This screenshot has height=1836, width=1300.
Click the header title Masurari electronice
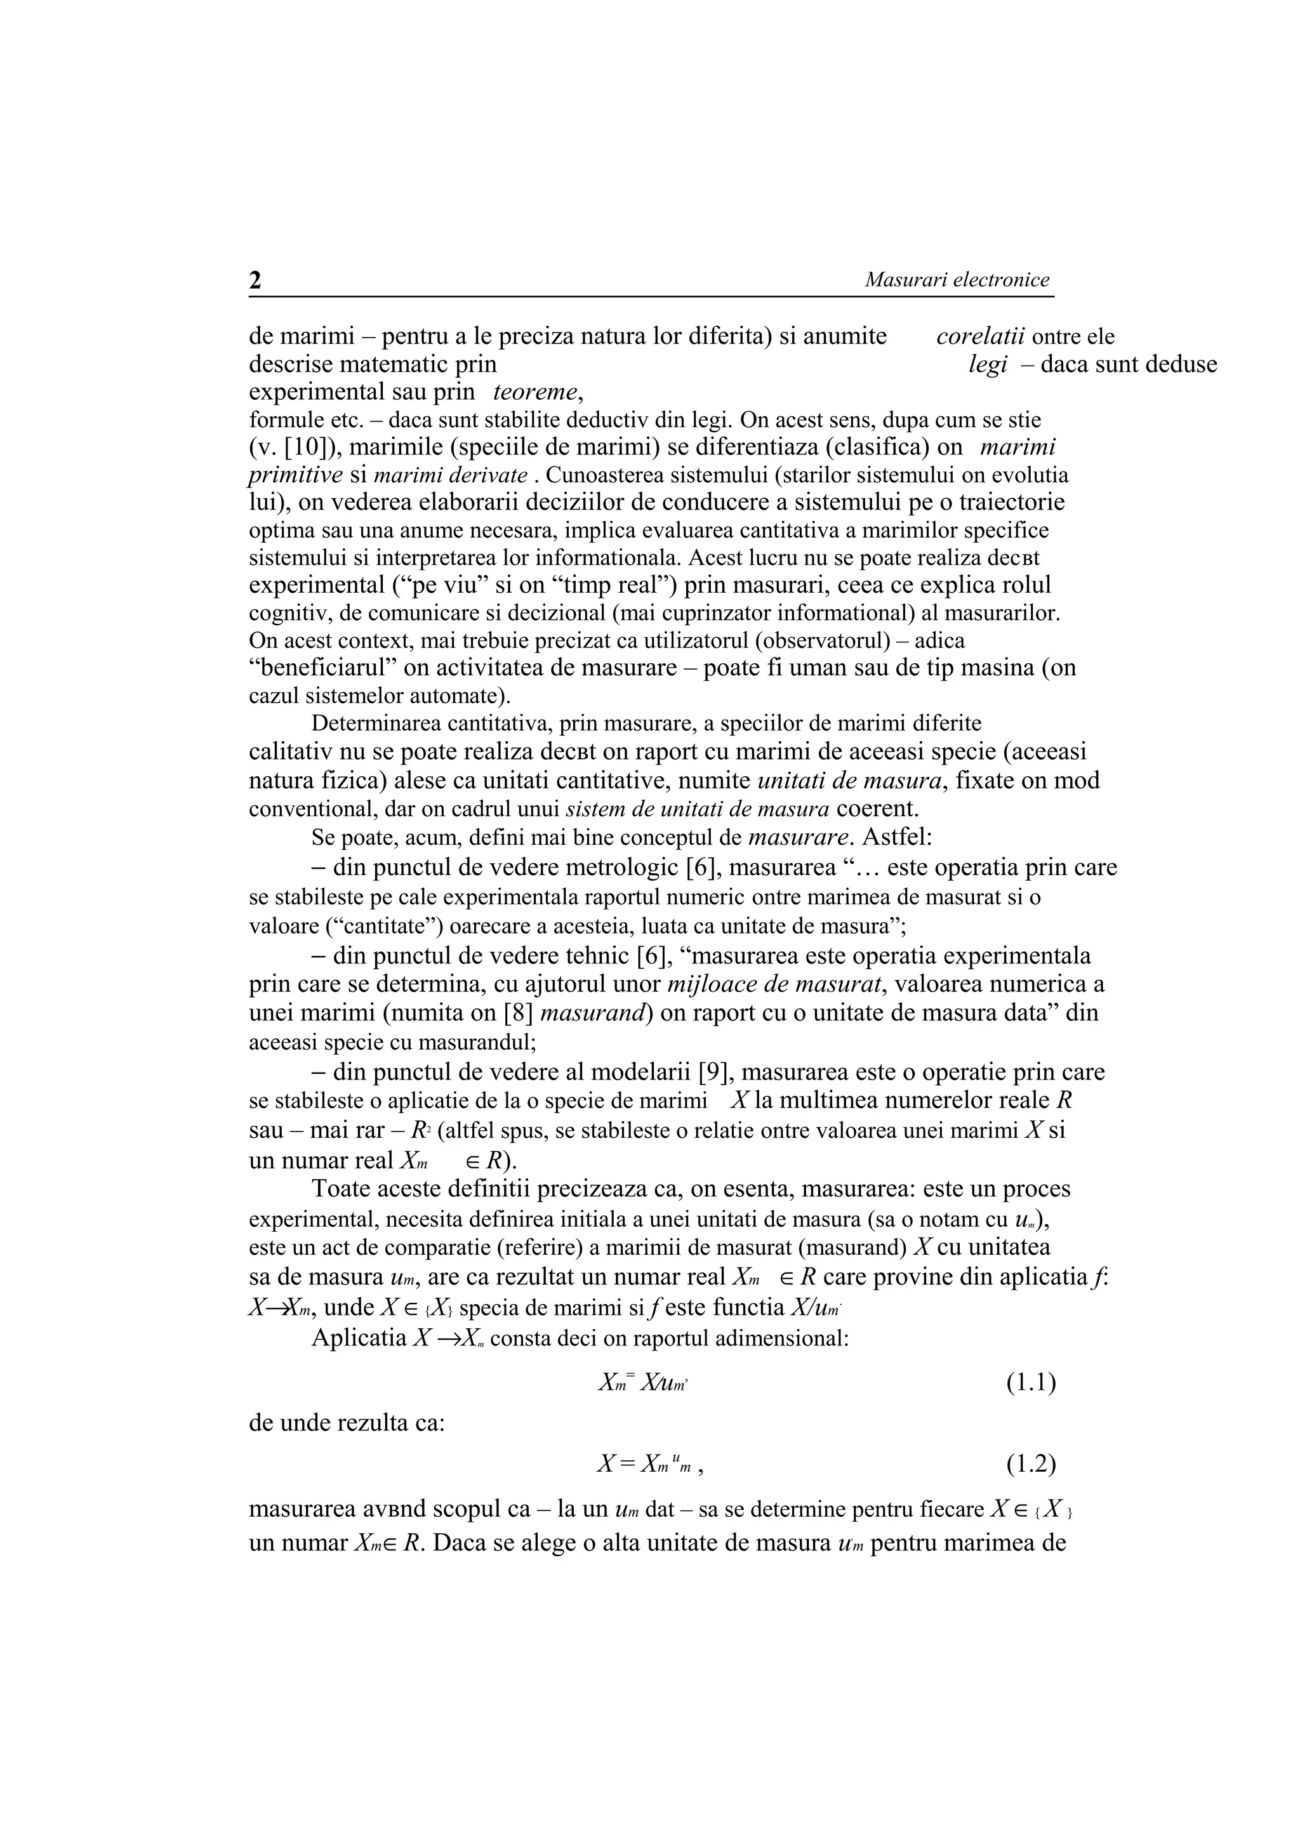pos(957,280)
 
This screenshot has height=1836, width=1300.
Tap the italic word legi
pos(987,365)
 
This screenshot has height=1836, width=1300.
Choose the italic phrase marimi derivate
pos(450,475)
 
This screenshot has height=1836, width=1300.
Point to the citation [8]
pos(519,1012)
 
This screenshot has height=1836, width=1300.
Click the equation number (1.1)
pos(1030,1382)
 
